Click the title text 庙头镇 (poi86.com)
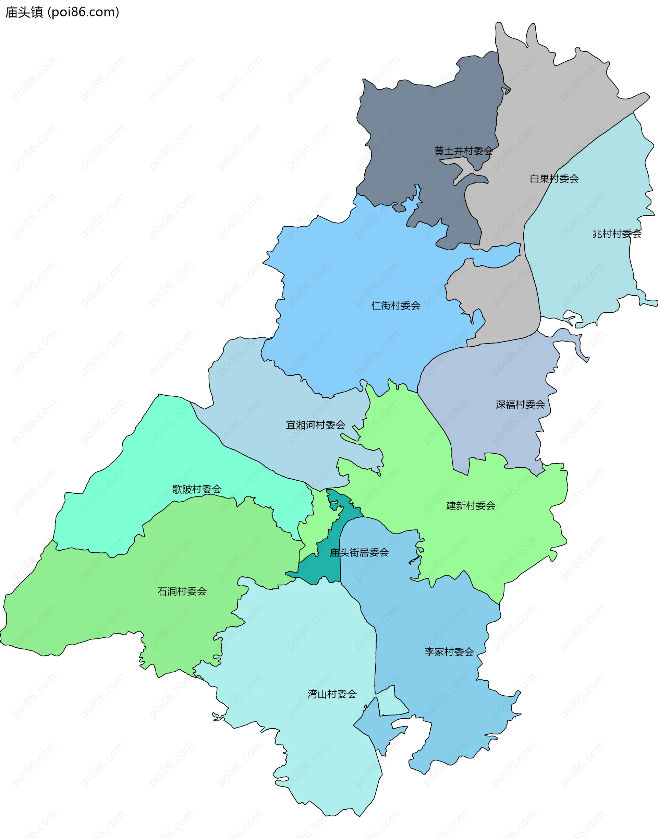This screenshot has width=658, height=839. [x=62, y=12]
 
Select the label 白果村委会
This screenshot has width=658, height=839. [x=554, y=179]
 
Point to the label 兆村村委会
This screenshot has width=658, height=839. [x=617, y=234]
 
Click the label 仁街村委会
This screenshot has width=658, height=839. [x=395, y=305]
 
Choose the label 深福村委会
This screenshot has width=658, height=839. [x=520, y=404]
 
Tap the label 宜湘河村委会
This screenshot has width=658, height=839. [x=315, y=425]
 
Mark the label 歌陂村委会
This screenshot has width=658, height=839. [x=197, y=489]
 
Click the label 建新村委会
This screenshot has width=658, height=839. [x=471, y=506]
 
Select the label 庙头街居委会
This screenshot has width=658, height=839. [x=359, y=553]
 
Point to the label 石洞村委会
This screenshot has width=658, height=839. [x=182, y=591]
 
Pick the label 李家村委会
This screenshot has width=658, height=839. [x=449, y=652]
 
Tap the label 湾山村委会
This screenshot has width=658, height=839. [x=332, y=694]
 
